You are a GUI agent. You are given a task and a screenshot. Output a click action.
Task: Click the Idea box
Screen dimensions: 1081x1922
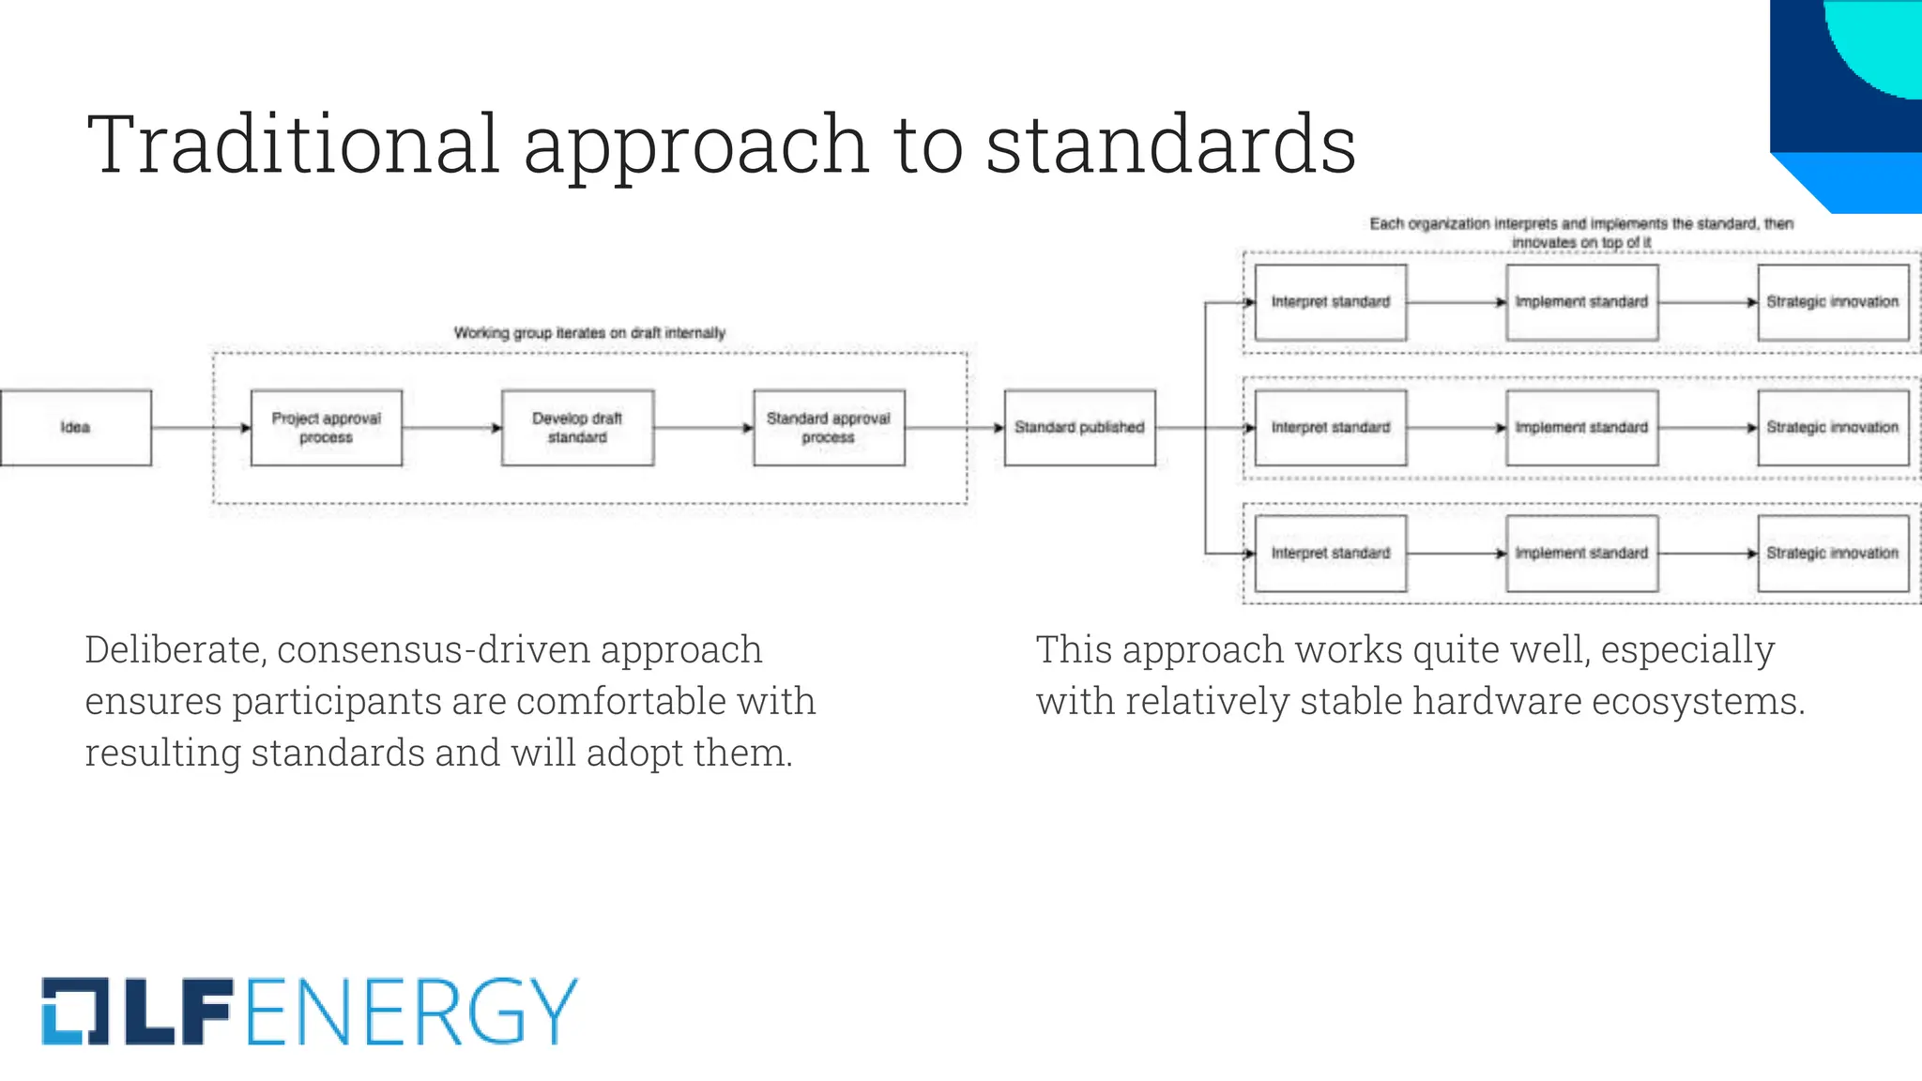pyautogui.click(x=75, y=428)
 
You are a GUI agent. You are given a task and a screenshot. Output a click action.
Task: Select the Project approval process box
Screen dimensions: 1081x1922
pyautogui.click(x=327, y=428)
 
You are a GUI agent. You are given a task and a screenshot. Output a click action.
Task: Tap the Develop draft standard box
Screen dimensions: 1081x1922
pyautogui.click(x=577, y=428)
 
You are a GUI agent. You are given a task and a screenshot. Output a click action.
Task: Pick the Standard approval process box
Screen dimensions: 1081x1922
pyautogui.click(x=829, y=428)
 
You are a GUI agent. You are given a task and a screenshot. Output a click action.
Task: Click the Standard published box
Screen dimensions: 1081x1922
pyautogui.click(x=1079, y=428)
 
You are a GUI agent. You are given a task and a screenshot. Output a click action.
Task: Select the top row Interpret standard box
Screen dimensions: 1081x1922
pyautogui.click(x=1330, y=302)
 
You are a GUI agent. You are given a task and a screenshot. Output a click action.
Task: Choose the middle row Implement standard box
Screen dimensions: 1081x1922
pyautogui.click(x=1581, y=428)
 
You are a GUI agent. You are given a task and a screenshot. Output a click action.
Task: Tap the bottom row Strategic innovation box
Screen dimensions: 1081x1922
pyautogui.click(x=1832, y=554)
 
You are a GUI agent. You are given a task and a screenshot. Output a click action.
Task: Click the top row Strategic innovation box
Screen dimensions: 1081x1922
pyautogui.click(x=1832, y=302)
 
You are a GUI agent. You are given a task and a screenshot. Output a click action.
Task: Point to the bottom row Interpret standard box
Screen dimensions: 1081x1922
pyautogui.click(x=1330, y=554)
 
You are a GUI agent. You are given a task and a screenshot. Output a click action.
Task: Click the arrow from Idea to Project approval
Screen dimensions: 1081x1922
pyautogui.click(x=200, y=428)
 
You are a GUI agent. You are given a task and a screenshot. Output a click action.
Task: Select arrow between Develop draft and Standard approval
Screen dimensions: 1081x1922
pyautogui.click(x=703, y=428)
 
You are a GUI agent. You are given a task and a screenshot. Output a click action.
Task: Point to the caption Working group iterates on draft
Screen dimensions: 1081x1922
pyautogui.click(x=589, y=333)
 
